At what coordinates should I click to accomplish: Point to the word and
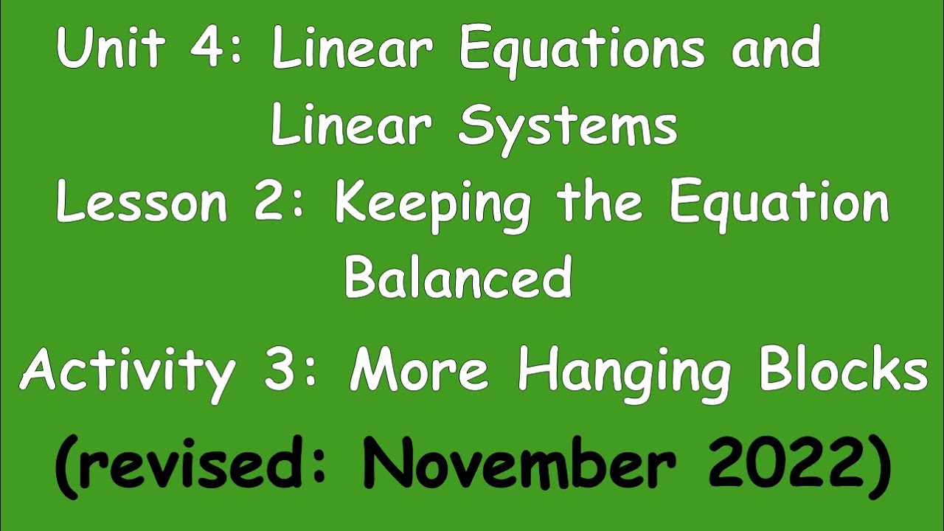pyautogui.click(x=776, y=49)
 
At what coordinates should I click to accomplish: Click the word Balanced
pyautogui.click(x=458, y=277)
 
